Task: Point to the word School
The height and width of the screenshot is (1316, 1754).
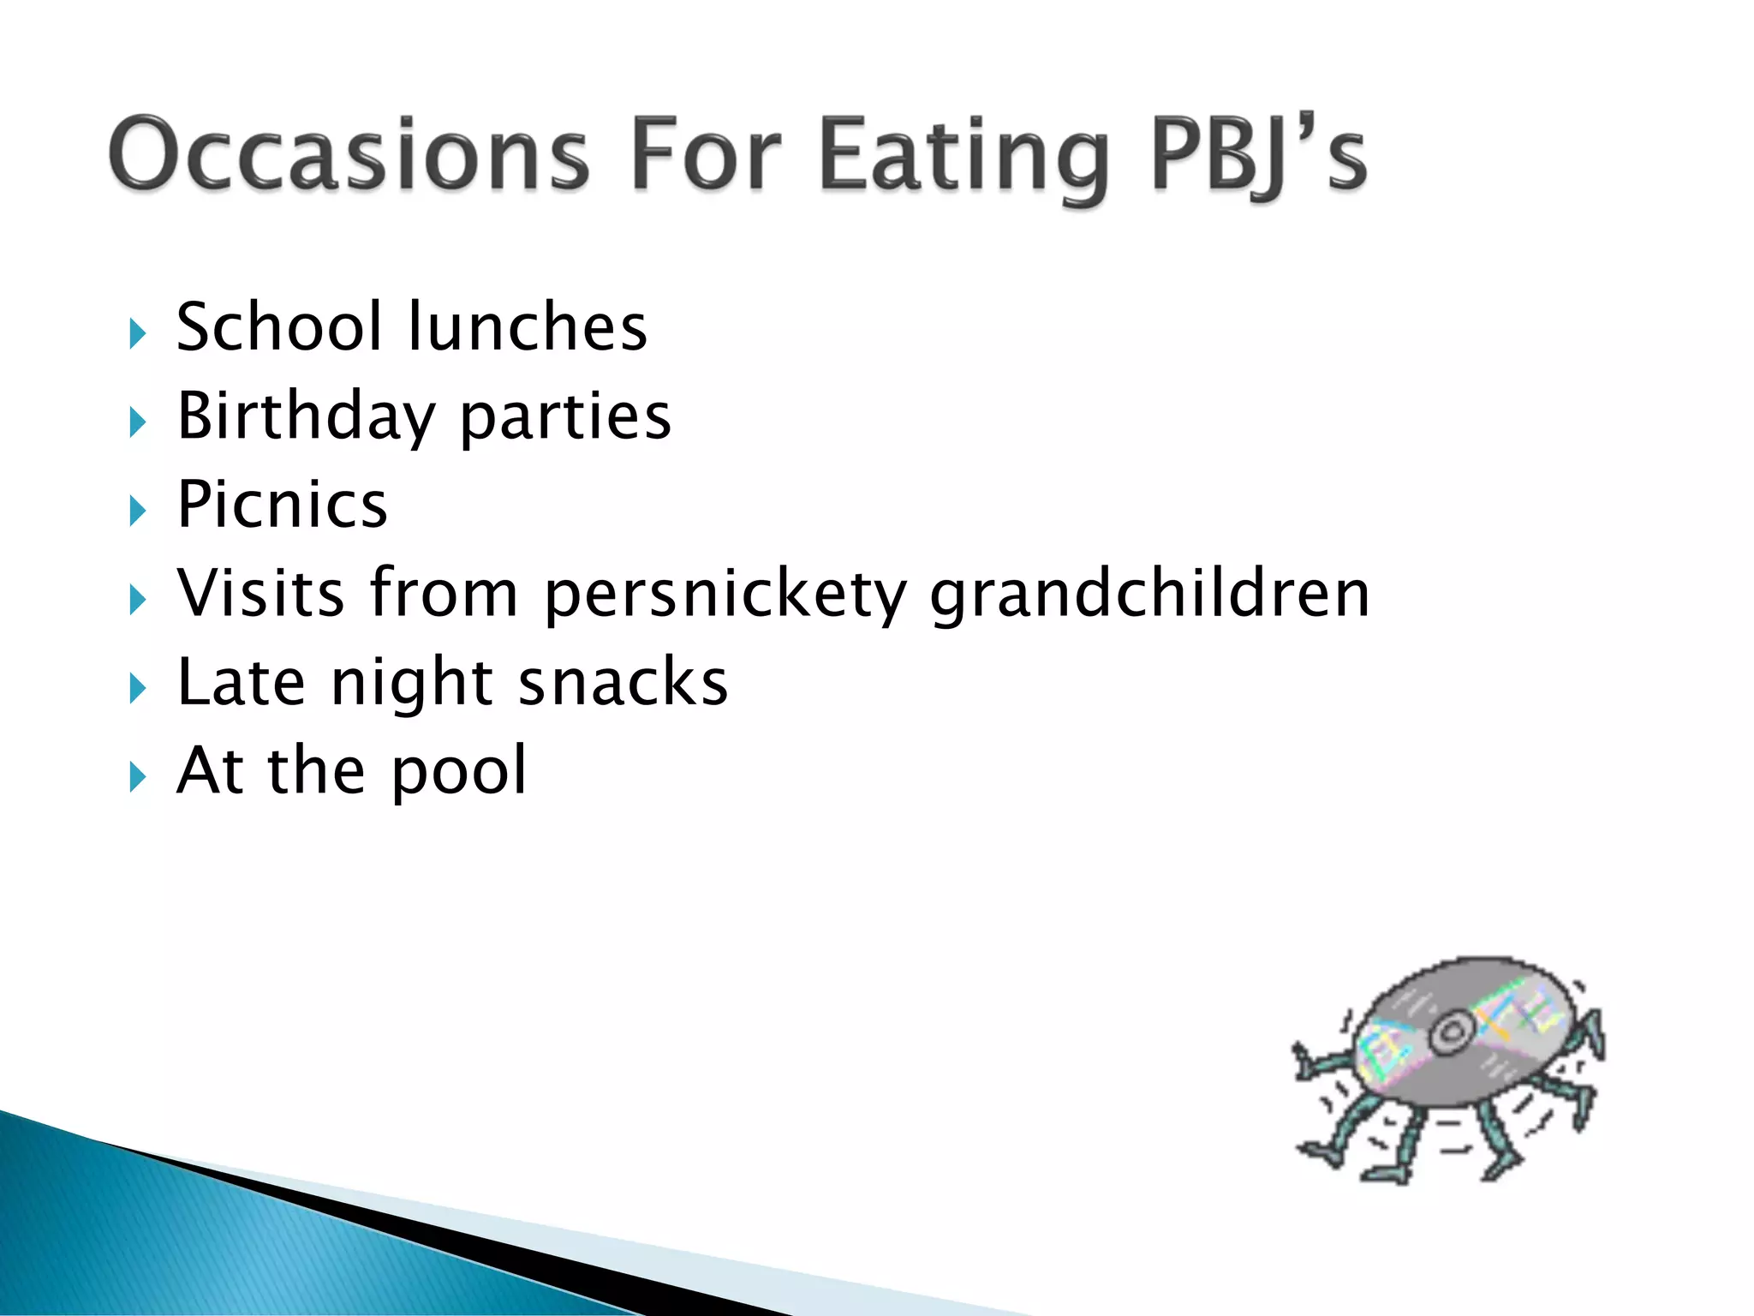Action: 279,327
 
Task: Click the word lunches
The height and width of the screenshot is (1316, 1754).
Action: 528,327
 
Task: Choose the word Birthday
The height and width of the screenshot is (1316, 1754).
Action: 307,417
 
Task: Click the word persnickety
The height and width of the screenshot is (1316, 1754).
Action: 725,595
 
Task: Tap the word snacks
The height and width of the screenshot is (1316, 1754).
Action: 623,682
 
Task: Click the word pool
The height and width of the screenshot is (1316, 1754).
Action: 459,772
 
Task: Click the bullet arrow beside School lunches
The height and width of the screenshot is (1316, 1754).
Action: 138,333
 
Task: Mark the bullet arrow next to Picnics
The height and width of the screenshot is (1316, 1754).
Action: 138,511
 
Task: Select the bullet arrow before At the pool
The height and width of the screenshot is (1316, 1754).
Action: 138,777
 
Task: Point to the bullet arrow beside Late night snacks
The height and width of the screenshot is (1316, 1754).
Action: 138,688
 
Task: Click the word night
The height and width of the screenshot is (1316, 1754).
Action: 412,684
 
